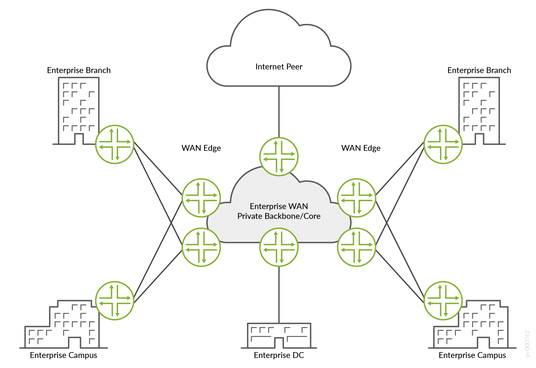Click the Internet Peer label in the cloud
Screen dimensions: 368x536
click(279, 67)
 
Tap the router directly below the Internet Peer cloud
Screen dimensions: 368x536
click(279, 156)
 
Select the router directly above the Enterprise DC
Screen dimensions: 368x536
click(279, 247)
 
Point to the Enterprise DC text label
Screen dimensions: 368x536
click(279, 355)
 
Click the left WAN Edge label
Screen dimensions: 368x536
click(201, 148)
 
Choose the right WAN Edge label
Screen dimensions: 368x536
click(361, 148)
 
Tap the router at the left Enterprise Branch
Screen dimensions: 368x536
click(115, 144)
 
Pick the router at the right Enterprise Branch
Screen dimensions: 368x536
click(443, 144)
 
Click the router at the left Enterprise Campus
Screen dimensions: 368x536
click(115, 301)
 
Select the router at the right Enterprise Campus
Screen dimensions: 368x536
click(443, 301)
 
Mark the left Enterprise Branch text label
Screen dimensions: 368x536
click(79, 70)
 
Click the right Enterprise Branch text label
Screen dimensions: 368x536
click(479, 70)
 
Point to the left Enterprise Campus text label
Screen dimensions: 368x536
click(64, 355)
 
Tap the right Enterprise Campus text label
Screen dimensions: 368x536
click(472, 355)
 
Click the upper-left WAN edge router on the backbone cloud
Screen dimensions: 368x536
click(201, 198)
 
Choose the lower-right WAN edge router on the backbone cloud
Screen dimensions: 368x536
click(356, 247)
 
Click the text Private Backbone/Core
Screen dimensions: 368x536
click(279, 216)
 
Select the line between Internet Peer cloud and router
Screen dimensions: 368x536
click(279, 112)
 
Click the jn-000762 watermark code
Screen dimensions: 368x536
click(527, 344)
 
